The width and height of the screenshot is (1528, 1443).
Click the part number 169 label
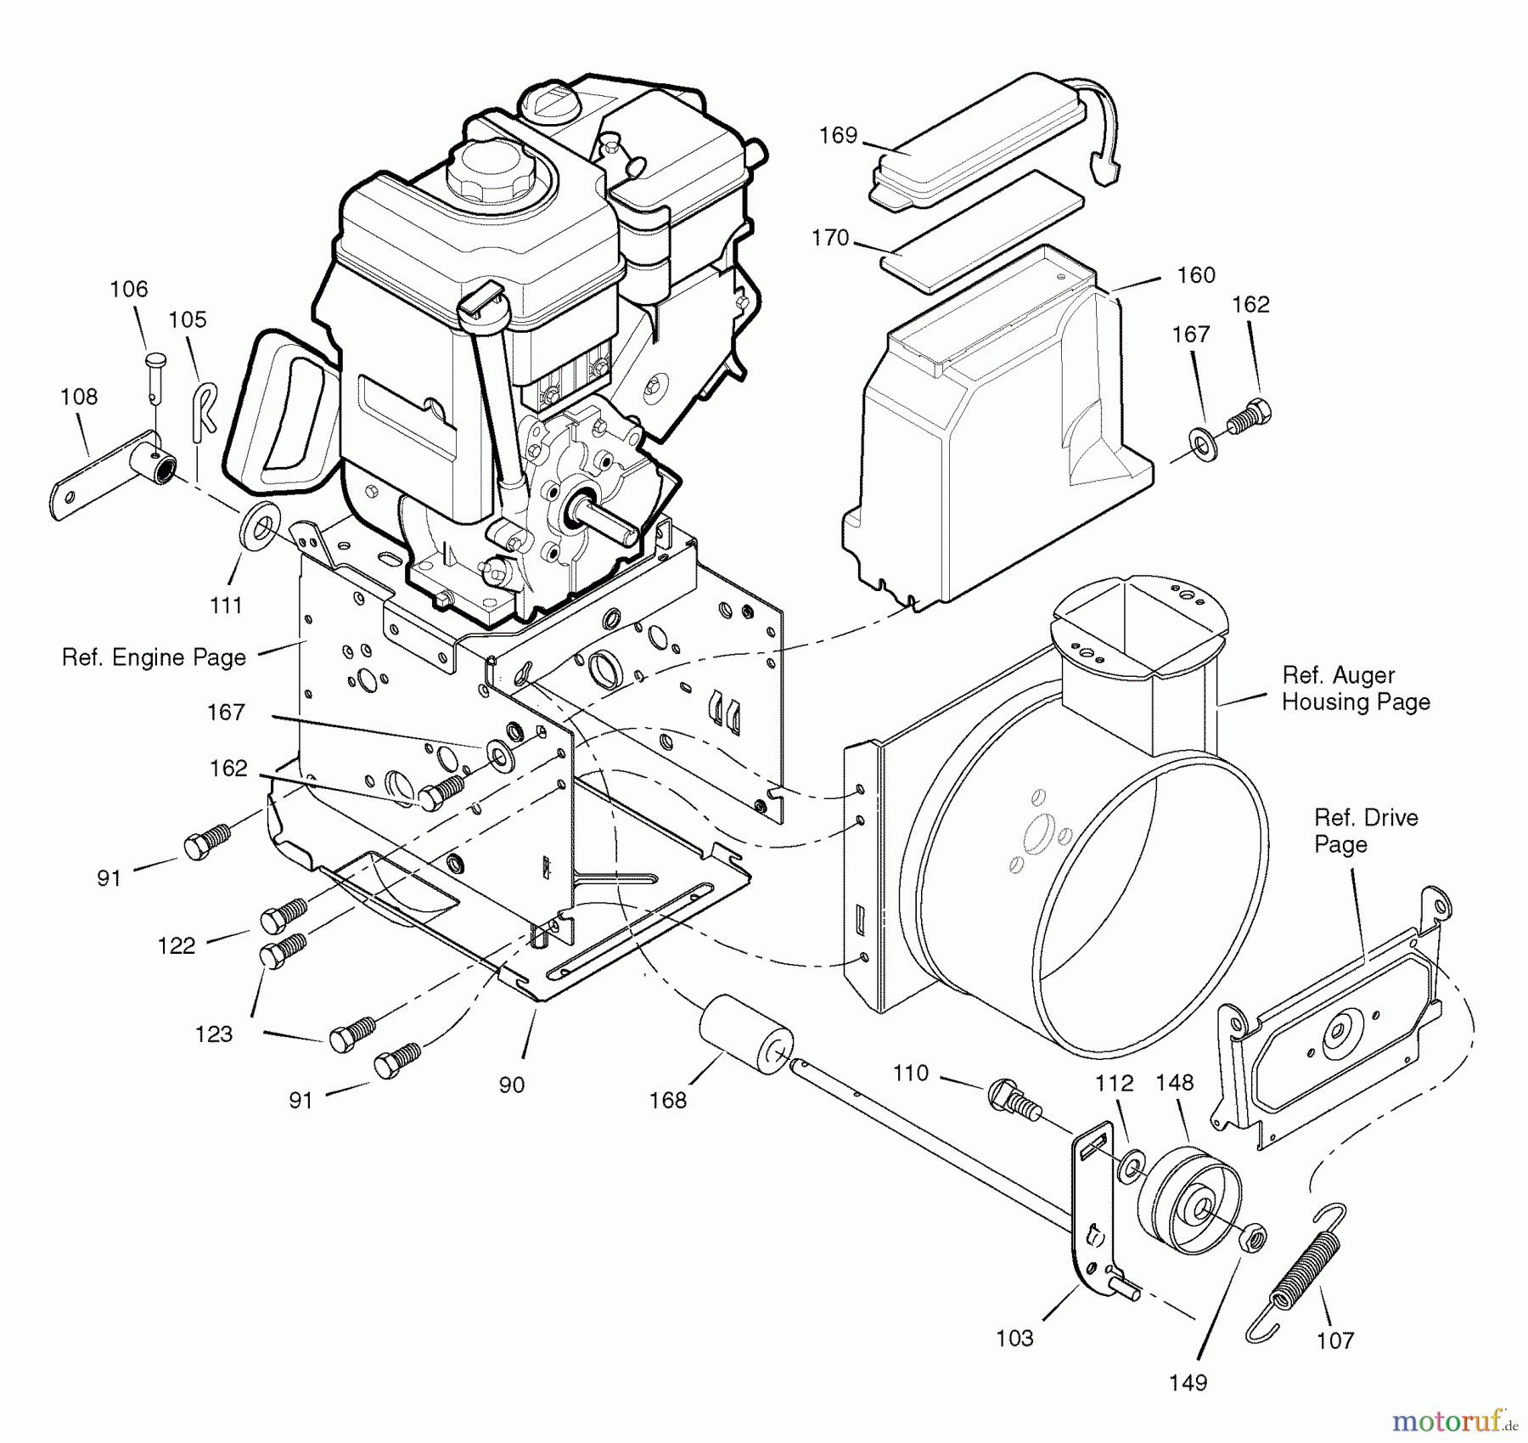[x=838, y=136]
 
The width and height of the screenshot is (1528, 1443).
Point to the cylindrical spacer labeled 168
[x=744, y=1036]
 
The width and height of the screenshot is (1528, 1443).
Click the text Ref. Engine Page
[x=154, y=657]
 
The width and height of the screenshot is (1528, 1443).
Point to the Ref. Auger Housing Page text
[x=1356, y=688]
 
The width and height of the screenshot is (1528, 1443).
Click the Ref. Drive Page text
[x=1365, y=831]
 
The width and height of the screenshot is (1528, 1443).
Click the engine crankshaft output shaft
[x=607, y=521]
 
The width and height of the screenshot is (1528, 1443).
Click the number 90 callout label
[x=511, y=1085]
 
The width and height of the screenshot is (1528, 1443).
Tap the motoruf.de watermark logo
[x=1452, y=1419]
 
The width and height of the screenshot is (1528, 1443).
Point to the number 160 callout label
[x=1196, y=275]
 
